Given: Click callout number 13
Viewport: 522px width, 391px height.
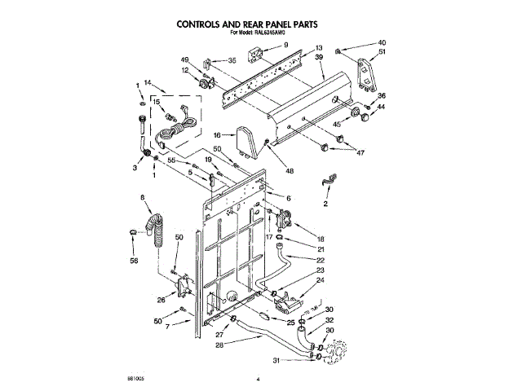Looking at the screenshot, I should point(319,49).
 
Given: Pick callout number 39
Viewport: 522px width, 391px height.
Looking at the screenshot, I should point(320,59).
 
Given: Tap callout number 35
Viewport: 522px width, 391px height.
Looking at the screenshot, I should point(232,60).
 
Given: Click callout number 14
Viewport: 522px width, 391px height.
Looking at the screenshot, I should point(148,83).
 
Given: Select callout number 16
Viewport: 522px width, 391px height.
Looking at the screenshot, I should point(218,136).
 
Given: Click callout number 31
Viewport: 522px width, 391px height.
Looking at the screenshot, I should point(275,360).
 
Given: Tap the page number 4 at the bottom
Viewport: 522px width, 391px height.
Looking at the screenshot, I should point(257,378).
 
